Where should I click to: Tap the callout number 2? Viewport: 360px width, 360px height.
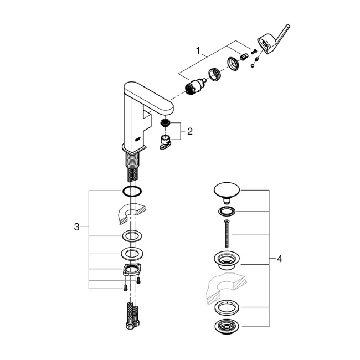[189, 131]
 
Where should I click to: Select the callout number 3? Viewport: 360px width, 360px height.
[76, 226]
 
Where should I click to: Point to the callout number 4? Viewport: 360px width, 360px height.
[280, 259]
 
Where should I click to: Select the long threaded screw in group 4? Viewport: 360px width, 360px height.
[227, 232]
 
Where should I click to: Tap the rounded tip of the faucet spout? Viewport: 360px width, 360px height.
[166, 94]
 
